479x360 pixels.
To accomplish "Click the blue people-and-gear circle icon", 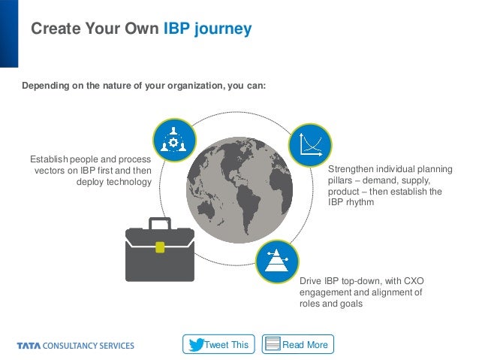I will (175, 139).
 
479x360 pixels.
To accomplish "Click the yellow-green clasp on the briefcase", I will (159, 246).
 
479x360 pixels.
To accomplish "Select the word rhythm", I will (357, 203).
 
